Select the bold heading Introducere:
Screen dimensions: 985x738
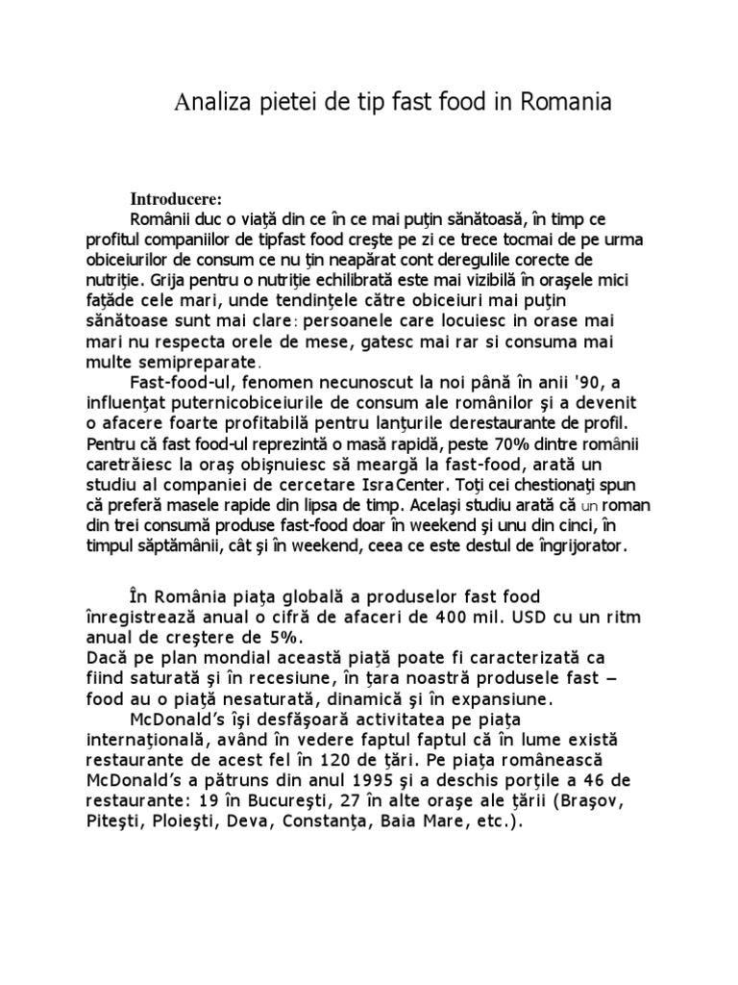click(x=176, y=199)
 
